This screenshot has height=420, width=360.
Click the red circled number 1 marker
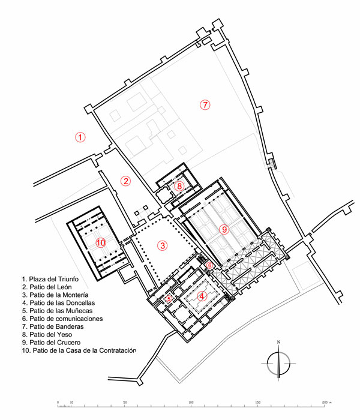tap(80, 137)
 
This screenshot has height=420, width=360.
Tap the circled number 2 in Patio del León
tap(125, 181)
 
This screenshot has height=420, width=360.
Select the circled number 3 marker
tap(163, 245)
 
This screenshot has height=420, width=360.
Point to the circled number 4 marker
tap(202, 296)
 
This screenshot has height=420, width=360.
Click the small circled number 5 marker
tap(169, 298)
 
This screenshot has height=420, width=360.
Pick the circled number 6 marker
tap(209, 265)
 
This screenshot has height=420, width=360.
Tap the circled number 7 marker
tap(205, 104)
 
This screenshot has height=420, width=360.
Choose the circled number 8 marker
tap(179, 186)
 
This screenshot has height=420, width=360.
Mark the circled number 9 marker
tap(224, 229)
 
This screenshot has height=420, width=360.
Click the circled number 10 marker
tap(101, 242)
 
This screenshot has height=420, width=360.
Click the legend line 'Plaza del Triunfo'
tap(50, 279)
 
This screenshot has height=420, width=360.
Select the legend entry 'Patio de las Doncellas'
tap(58, 303)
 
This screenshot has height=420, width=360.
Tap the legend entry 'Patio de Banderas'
tap(53, 327)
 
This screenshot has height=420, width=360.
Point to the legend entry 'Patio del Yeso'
tap(47, 335)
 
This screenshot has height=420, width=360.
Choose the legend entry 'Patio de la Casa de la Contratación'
tap(79, 350)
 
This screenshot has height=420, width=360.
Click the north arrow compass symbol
tap(278, 363)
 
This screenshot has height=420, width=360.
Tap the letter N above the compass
tap(278, 342)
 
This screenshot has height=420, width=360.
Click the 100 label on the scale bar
tap(191, 403)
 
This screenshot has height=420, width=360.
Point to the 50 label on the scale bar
tap(125, 403)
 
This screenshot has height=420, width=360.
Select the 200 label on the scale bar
tap(325, 403)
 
